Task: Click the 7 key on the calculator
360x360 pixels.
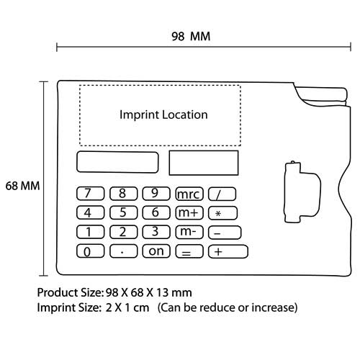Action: pyautogui.click(x=91, y=194)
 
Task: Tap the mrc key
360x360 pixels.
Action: pyautogui.click(x=189, y=194)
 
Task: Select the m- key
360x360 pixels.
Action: pyautogui.click(x=189, y=232)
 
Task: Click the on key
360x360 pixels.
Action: pyautogui.click(x=156, y=251)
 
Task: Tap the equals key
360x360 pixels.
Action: pyautogui.click(x=189, y=251)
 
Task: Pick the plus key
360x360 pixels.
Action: pyautogui.click(x=228, y=251)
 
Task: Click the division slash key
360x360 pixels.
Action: pyautogui.click(x=222, y=194)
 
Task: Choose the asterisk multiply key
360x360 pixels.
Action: pyautogui.click(x=222, y=213)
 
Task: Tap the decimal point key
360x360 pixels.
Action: pyautogui.click(x=124, y=251)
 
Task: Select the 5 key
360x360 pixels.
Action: pyautogui.click(x=124, y=212)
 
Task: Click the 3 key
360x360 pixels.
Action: pyautogui.click(x=156, y=232)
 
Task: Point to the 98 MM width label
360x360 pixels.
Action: pyautogui.click(x=191, y=37)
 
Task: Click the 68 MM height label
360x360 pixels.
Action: pyautogui.click(x=22, y=186)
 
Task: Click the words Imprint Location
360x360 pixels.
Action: pyautogui.click(x=163, y=114)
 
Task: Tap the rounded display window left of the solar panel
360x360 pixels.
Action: pyautogui.click(x=117, y=162)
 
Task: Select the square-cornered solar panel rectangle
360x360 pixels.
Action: pyautogui.click(x=204, y=163)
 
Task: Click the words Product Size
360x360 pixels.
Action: pyautogui.click(x=71, y=293)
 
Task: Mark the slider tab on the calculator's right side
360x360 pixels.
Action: pyautogui.click(x=303, y=192)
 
